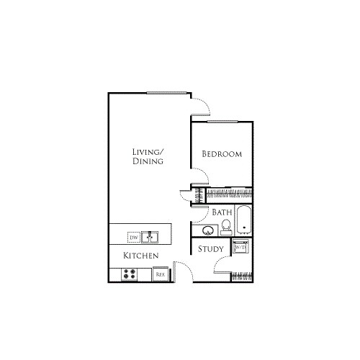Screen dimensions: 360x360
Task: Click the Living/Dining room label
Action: point(148,156)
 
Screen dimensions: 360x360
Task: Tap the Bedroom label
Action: point(221,154)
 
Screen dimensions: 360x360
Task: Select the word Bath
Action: point(222,212)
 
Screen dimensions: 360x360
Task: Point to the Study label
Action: point(211,250)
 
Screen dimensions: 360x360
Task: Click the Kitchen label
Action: point(141,256)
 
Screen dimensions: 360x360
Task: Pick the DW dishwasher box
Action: point(133,236)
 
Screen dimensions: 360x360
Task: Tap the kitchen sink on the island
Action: point(150,235)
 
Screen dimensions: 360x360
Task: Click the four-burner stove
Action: point(130,274)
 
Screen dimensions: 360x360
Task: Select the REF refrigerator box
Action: point(161,274)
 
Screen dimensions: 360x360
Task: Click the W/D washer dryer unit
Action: point(240,248)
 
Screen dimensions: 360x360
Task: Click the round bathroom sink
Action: point(208,230)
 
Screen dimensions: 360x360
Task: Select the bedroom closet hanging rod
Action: point(230,194)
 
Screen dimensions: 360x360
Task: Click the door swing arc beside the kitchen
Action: point(183,271)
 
